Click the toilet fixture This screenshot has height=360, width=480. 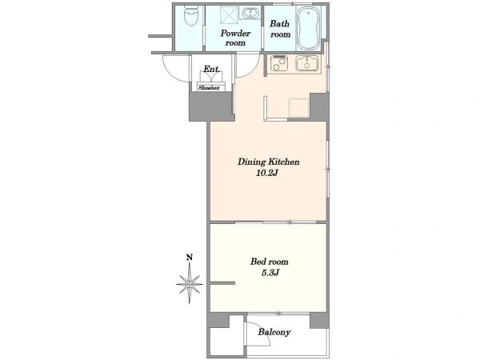(x=190, y=16)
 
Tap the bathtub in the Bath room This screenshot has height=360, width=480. (x=309, y=28)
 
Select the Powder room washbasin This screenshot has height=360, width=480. (x=250, y=13)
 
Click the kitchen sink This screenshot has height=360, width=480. (x=307, y=64)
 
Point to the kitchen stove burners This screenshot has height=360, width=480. (x=278, y=64)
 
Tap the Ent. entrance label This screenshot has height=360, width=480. (x=211, y=69)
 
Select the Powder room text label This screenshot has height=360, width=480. (x=235, y=38)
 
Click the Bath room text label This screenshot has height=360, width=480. (x=280, y=29)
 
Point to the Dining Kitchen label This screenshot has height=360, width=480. (x=269, y=162)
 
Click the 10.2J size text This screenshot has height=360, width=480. (x=267, y=174)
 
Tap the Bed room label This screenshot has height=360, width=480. (x=269, y=262)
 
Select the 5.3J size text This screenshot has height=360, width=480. (x=270, y=273)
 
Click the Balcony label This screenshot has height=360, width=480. (x=274, y=332)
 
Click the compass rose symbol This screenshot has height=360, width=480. (x=190, y=284)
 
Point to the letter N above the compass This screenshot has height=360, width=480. (x=190, y=258)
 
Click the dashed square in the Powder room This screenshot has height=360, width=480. (x=229, y=14)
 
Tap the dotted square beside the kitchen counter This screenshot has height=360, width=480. (x=299, y=108)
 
